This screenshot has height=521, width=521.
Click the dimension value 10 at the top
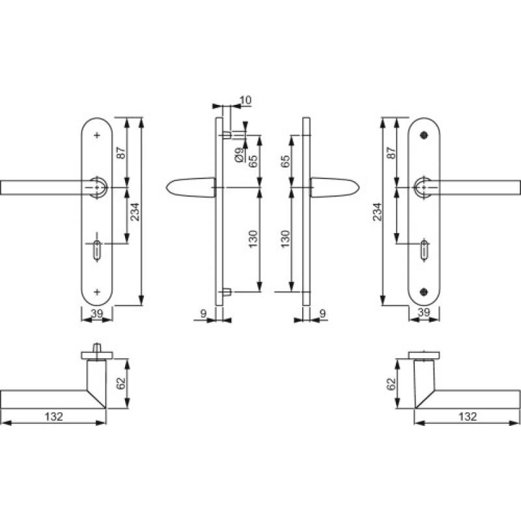pyautogui.click(x=245, y=100)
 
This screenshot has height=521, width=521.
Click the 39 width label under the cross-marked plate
pyautogui.click(x=97, y=313)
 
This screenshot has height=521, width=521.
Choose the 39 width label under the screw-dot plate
pyautogui.click(x=423, y=313)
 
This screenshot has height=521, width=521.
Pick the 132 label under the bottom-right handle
pyautogui.click(x=468, y=416)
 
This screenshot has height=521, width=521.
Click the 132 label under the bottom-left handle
pyautogui.click(x=54, y=416)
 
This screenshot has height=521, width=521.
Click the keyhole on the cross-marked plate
pyautogui.click(x=98, y=249)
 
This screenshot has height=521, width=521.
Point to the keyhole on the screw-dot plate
pyautogui.click(x=424, y=249)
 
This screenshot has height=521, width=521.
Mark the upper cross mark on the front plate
pyautogui.click(x=98, y=135)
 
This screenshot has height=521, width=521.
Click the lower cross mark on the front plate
pyautogui.click(x=98, y=292)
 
